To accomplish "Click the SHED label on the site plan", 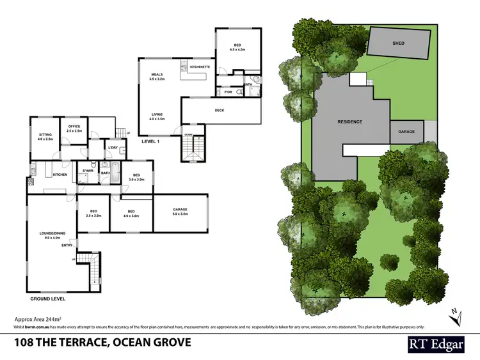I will (x=399, y=43).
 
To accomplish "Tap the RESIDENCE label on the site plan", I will (x=350, y=121).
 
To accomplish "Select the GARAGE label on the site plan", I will (x=406, y=132).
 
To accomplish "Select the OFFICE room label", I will (x=72, y=127).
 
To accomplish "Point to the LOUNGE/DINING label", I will (x=51, y=233).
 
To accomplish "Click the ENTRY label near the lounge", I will (x=67, y=246).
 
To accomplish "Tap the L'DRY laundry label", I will (x=113, y=148).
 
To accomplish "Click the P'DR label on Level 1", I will (x=227, y=92).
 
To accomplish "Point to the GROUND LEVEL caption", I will (x=47, y=299).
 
